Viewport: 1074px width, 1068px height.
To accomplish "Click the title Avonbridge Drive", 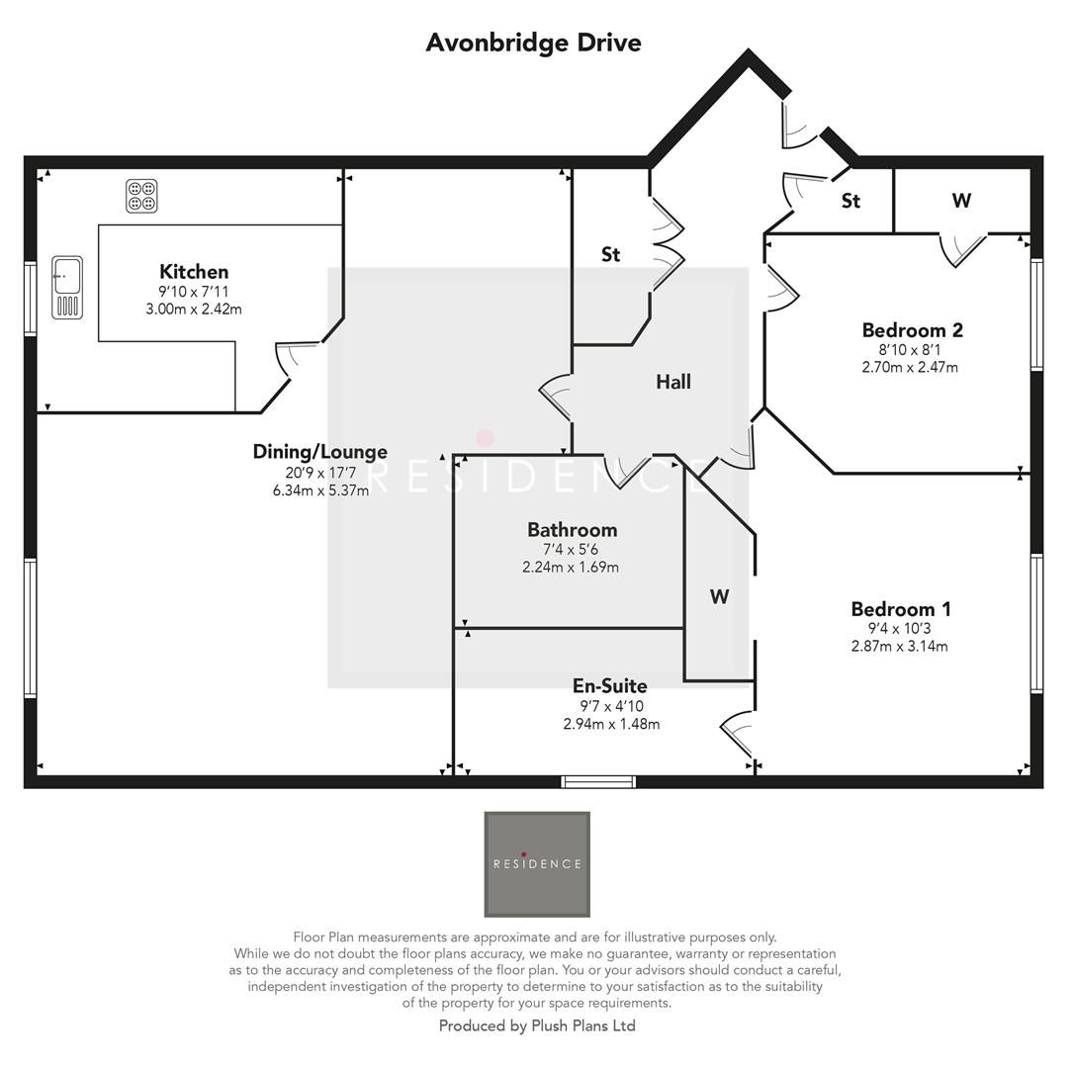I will [533, 43].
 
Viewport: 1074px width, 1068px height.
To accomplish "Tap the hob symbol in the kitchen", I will [141, 196].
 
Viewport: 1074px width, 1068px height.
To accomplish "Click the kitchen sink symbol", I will [67, 287].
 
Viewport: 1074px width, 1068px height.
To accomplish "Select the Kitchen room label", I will [194, 272].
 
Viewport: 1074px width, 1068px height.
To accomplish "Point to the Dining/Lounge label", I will [319, 452].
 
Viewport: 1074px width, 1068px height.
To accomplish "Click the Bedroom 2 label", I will [912, 330].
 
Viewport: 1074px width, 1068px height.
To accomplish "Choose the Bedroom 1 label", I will [900, 609].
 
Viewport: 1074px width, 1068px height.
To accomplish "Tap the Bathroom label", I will [572, 530].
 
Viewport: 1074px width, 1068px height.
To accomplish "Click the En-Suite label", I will [610, 686].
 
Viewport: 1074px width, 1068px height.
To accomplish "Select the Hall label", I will [673, 382].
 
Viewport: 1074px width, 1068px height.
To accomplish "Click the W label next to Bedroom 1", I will [719, 596].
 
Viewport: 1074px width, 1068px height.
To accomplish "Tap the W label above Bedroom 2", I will [960, 201].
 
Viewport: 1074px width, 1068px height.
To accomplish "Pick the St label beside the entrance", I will [850, 201].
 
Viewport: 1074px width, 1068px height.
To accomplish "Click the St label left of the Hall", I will [611, 254].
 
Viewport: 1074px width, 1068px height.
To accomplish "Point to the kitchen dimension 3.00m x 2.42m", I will [194, 309].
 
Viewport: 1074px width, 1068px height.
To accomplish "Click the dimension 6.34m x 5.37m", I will [320, 490].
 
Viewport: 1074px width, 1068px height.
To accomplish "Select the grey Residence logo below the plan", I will [537, 864].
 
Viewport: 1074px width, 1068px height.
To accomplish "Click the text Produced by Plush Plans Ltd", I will [537, 1026].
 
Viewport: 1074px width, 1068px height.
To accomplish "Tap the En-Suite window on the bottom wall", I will [598, 782].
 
